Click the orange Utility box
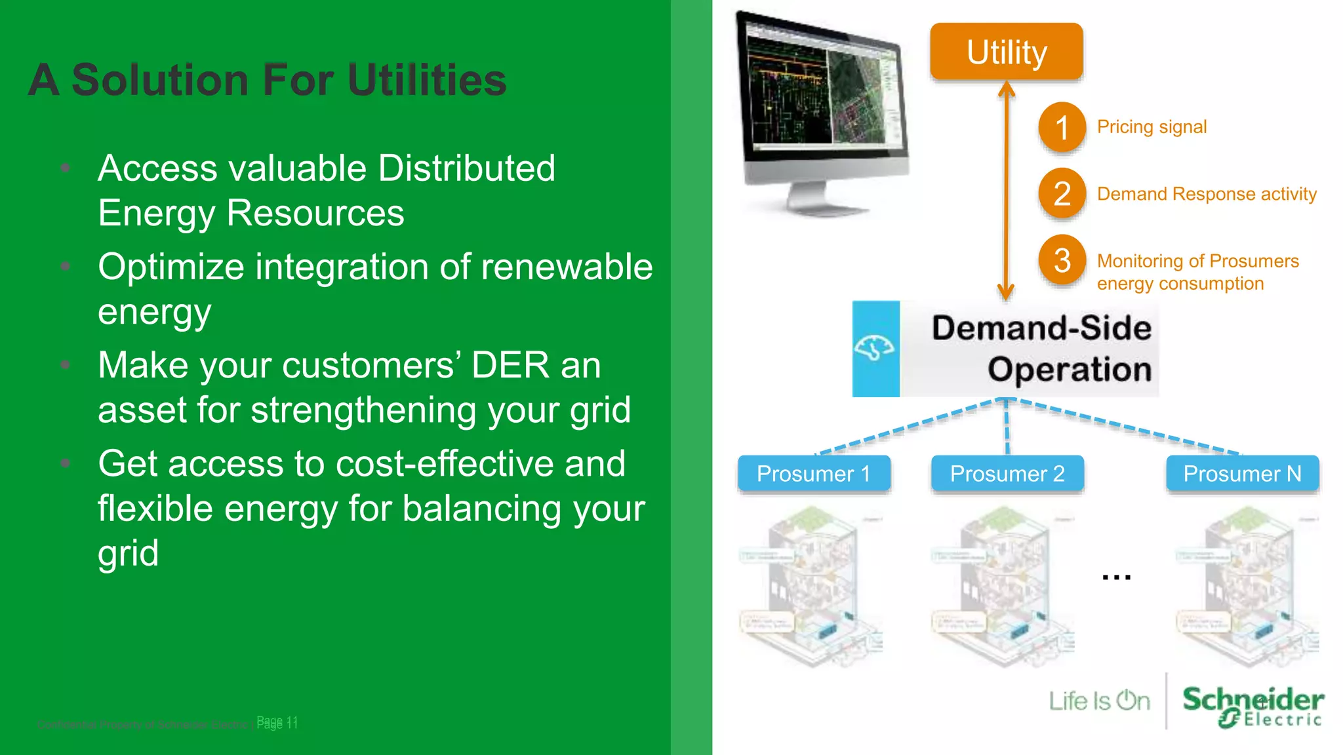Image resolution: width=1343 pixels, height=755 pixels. pyautogui.click(x=1006, y=52)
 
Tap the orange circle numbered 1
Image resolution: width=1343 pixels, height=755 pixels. pyautogui.click(x=1062, y=127)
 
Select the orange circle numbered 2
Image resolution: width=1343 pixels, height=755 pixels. pyautogui.click(x=1062, y=193)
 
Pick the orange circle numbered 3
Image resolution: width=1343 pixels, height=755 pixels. pyautogui.click(x=1062, y=260)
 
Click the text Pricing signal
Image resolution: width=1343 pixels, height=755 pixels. pyautogui.click(x=1152, y=126)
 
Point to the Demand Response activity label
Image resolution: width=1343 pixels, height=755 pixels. pyautogui.click(x=1207, y=194)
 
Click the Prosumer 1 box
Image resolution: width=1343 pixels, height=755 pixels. pyautogui.click(x=814, y=473)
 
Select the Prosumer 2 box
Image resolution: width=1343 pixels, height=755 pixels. pyautogui.click(x=1007, y=473)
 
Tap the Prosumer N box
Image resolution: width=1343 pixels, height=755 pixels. pyautogui.click(x=1242, y=473)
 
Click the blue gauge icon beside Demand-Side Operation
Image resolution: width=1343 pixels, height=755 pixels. pyautogui.click(x=875, y=348)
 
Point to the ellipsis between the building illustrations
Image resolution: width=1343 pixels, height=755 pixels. pyautogui.click(x=1116, y=577)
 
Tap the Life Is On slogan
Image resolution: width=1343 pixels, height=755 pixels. pyautogui.click(x=1099, y=701)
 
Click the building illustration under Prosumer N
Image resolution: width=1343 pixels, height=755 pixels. pyautogui.click(x=1246, y=587)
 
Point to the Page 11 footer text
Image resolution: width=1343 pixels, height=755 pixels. pyautogui.click(x=277, y=722)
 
